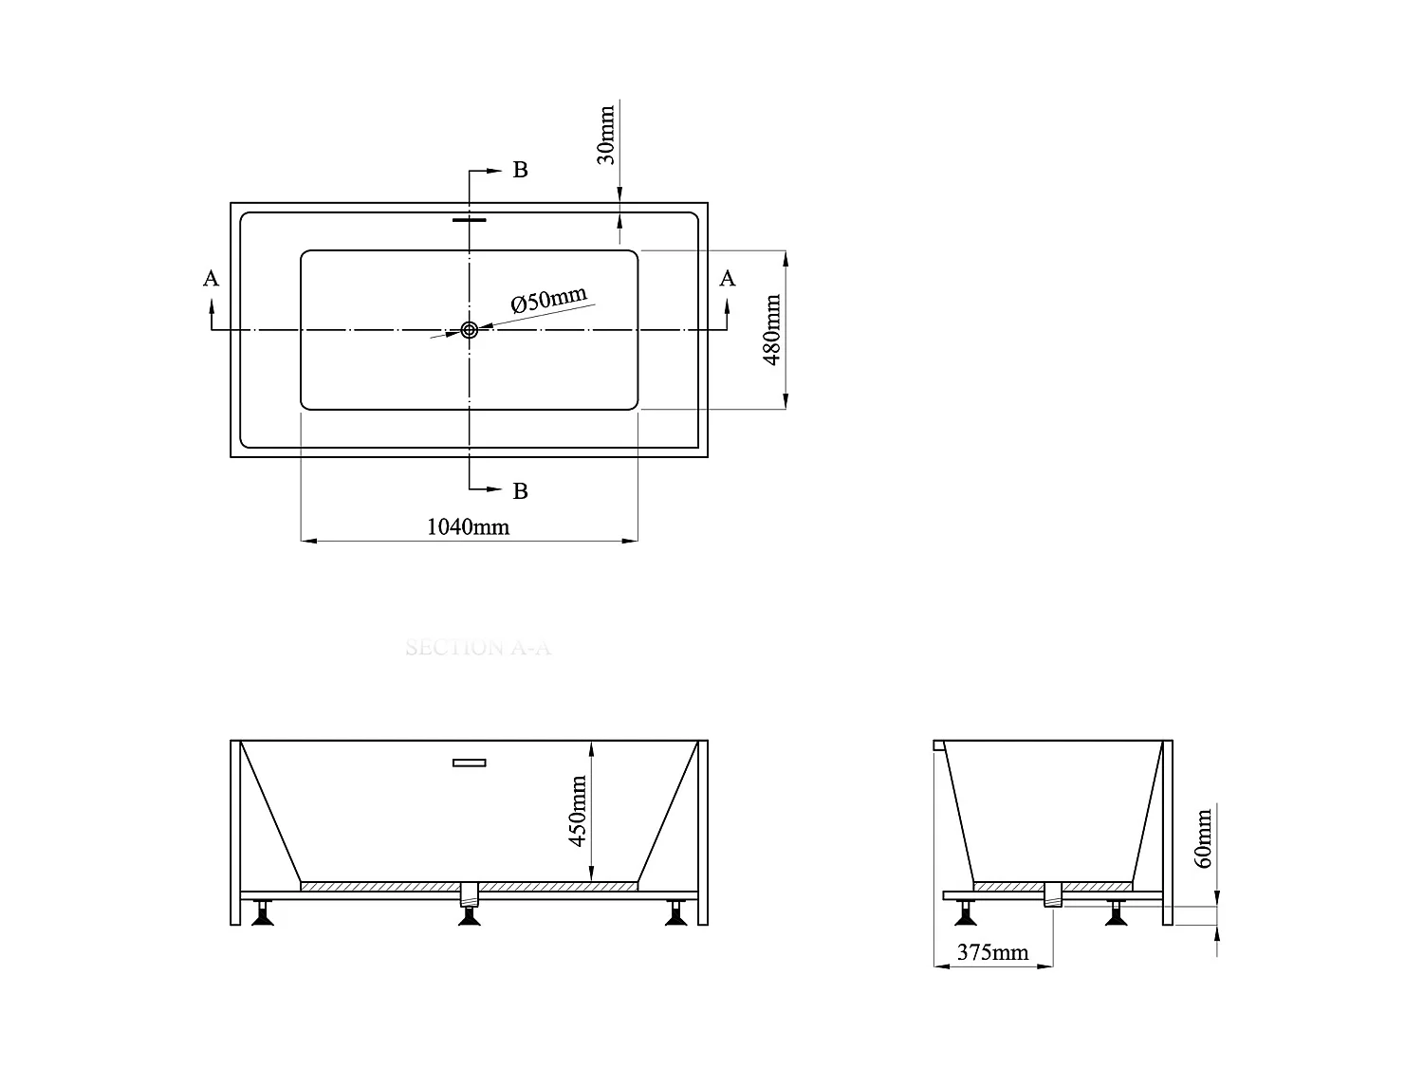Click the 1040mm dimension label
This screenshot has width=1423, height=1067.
click(x=468, y=526)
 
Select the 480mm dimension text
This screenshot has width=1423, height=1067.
click(x=772, y=330)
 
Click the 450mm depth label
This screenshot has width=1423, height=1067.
click(x=578, y=811)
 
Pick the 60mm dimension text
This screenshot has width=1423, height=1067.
click(x=1203, y=837)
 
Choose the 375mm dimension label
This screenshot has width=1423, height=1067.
click(x=992, y=952)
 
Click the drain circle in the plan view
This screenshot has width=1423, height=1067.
click(x=469, y=329)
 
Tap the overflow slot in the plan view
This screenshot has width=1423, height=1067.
click(x=469, y=219)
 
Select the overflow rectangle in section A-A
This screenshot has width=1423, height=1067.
click(x=469, y=762)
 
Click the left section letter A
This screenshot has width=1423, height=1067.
click(x=212, y=278)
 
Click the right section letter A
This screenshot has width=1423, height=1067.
click(x=728, y=278)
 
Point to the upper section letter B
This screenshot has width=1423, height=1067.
click(x=520, y=170)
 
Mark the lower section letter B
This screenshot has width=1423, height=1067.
click(x=520, y=491)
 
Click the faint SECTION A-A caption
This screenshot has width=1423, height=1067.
click(x=478, y=648)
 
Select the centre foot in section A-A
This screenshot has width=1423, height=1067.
click(x=469, y=915)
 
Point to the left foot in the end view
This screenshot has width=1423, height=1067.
click(x=966, y=913)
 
